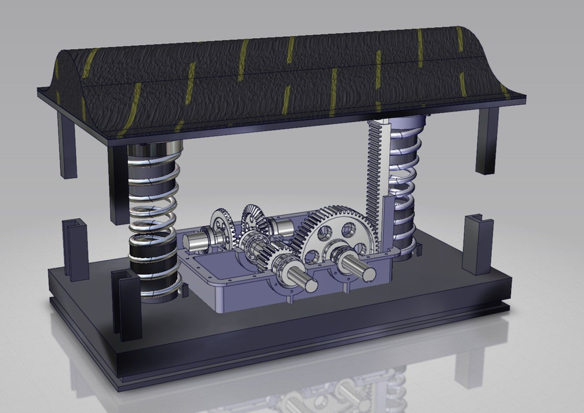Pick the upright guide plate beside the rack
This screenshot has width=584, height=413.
coord(387,223)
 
